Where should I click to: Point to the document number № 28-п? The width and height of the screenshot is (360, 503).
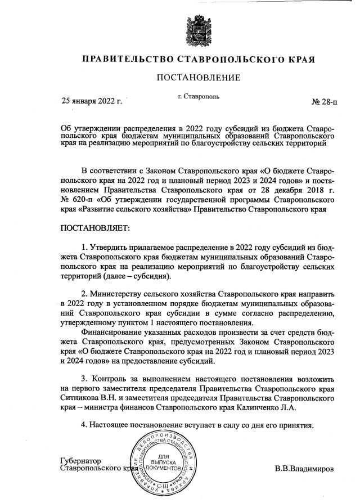click(324, 102)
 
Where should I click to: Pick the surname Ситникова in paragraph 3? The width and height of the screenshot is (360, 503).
click(79, 398)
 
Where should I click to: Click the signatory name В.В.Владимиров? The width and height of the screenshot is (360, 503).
click(304, 468)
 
